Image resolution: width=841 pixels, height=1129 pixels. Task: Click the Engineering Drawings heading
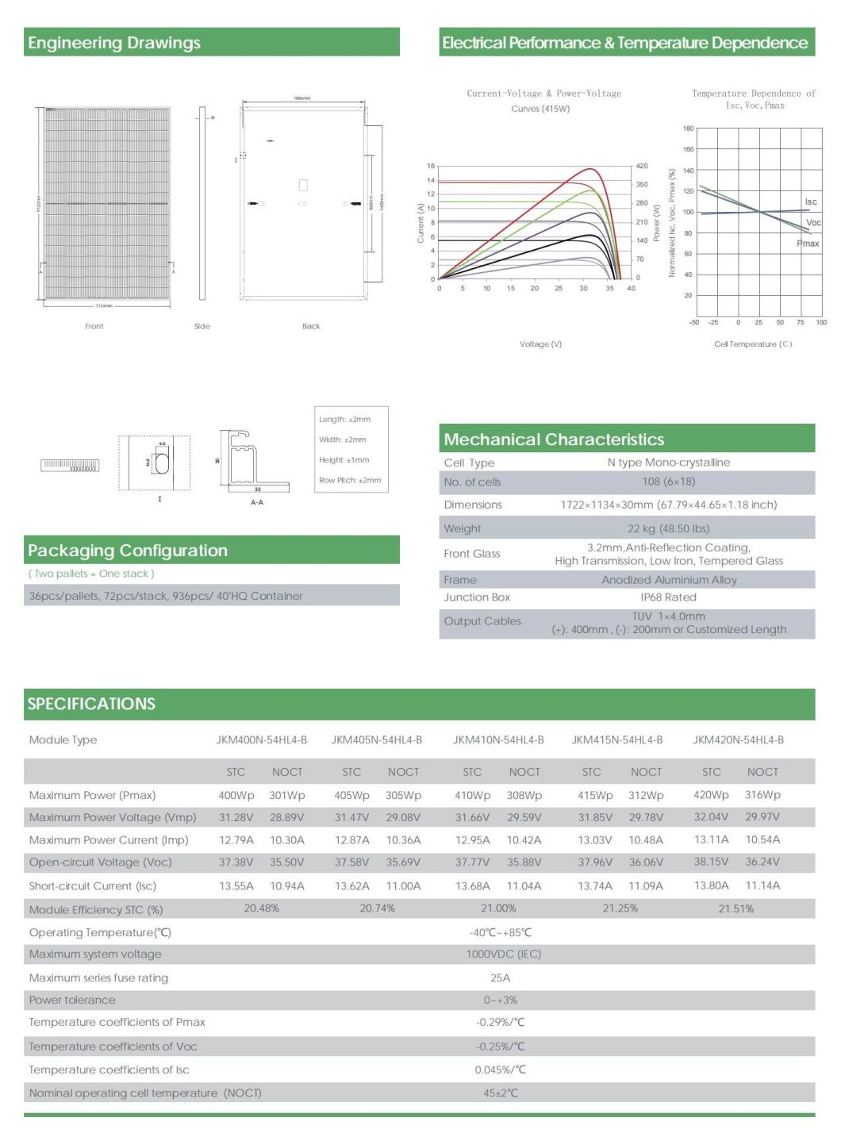114,43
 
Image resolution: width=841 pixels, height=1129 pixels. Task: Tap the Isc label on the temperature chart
810,202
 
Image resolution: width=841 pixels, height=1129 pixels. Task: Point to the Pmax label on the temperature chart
808,244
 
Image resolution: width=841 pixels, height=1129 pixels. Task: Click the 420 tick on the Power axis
641,166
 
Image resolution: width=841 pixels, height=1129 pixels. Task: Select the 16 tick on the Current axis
431,166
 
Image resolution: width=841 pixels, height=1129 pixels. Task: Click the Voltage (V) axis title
540,344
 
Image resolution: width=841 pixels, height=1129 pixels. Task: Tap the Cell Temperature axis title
752,344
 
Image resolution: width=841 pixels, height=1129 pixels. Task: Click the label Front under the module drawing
94,326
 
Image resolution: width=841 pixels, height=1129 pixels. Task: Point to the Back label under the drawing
311,326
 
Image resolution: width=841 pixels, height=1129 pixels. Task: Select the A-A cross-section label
257,502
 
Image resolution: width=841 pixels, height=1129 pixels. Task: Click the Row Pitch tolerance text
350,480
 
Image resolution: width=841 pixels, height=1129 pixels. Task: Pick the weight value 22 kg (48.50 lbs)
668,528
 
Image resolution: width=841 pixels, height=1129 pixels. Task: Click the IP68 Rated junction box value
668,597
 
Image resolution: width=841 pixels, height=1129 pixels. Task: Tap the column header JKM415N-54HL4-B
616,740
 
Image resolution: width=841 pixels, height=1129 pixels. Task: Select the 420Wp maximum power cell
711,795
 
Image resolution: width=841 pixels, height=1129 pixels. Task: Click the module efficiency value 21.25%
620,908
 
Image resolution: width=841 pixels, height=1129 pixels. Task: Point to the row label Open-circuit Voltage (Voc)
100,862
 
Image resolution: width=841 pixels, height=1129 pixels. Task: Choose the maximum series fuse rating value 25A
500,978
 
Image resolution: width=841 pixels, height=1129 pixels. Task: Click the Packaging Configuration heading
128,551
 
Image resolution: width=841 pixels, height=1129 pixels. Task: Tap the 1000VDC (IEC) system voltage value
503,954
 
